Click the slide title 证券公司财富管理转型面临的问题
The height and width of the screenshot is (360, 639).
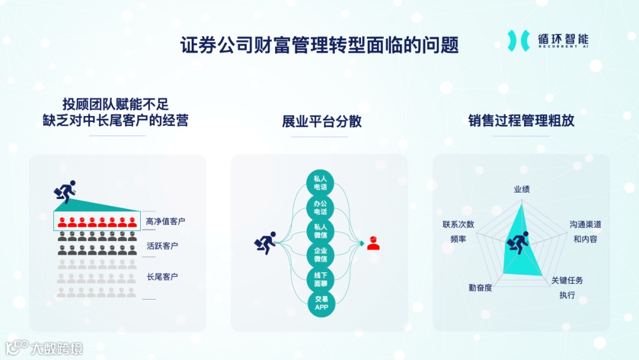click(x=319, y=45)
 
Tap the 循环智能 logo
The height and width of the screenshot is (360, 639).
click(x=548, y=40)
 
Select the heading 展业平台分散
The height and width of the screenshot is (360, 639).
click(x=322, y=122)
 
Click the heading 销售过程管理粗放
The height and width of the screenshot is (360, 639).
click(x=521, y=121)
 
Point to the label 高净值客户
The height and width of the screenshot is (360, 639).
click(x=166, y=221)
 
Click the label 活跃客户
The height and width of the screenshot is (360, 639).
click(x=162, y=246)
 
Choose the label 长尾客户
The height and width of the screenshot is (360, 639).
click(x=162, y=277)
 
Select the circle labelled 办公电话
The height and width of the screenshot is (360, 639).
click(x=321, y=207)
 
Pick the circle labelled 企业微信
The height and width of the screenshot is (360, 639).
click(x=321, y=255)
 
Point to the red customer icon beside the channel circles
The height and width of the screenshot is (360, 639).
click(x=373, y=243)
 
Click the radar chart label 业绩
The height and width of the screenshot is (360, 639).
click(x=521, y=189)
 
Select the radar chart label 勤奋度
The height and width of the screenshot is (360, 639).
click(x=480, y=287)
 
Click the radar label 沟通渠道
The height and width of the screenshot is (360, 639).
click(x=585, y=225)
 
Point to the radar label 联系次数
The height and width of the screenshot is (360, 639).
click(x=458, y=225)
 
